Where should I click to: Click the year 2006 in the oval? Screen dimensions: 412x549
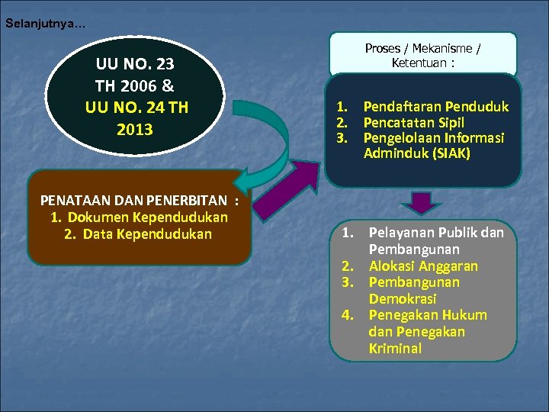(148, 86)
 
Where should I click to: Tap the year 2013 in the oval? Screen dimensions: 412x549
(134, 129)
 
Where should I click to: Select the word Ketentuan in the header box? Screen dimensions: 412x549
(419, 63)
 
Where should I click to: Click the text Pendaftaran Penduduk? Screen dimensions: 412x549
(435, 107)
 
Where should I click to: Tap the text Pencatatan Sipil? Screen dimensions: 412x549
(414, 122)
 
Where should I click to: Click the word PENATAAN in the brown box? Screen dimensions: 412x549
(72, 201)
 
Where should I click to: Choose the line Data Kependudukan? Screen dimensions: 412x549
(147, 233)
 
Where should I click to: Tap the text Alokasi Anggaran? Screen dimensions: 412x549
(423, 266)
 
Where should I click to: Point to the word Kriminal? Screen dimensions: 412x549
(394, 349)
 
